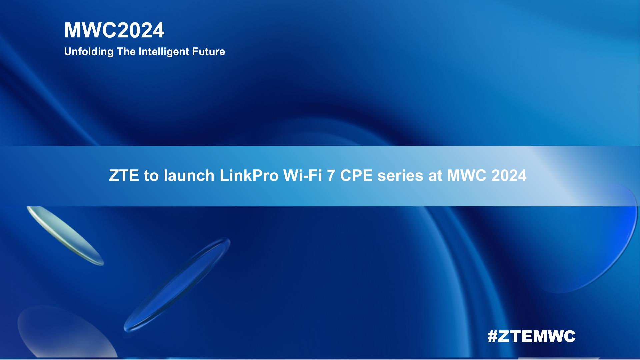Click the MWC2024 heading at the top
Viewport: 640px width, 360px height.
coord(114,30)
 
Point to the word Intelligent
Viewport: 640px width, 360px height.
coord(164,52)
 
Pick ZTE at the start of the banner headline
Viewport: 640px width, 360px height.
coord(124,176)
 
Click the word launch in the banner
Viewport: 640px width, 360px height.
coord(189,176)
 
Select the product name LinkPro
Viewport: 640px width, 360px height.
coord(249,176)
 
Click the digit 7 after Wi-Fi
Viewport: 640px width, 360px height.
coord(331,176)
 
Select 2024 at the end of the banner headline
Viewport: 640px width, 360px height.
coord(509,176)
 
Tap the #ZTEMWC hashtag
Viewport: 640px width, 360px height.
coord(531,336)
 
